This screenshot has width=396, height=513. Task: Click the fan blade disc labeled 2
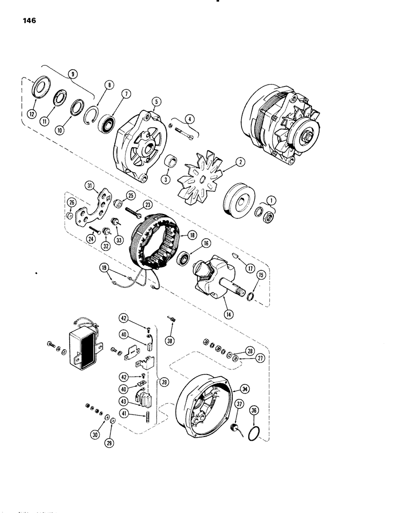click(x=197, y=181)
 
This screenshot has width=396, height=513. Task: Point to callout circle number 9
click(x=75, y=73)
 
